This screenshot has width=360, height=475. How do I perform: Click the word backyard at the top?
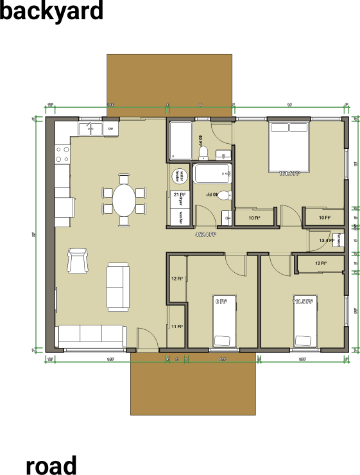click(x=51, y=11)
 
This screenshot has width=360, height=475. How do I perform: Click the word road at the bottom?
click(x=51, y=465)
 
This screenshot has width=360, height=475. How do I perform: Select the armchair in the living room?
click(x=78, y=260)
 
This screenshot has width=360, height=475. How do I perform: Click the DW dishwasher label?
click(x=110, y=129)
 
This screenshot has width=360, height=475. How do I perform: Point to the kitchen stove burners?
click(x=63, y=153)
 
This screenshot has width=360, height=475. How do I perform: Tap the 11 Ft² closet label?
click(x=177, y=326)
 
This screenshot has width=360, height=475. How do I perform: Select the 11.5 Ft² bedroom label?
click(x=303, y=301)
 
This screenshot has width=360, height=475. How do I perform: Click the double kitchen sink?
click(x=90, y=129)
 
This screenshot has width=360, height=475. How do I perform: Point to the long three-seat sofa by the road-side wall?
click(x=90, y=335)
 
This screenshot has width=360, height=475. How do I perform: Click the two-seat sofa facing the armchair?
click(x=117, y=286)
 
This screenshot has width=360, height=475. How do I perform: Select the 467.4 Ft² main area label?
click(x=205, y=234)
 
